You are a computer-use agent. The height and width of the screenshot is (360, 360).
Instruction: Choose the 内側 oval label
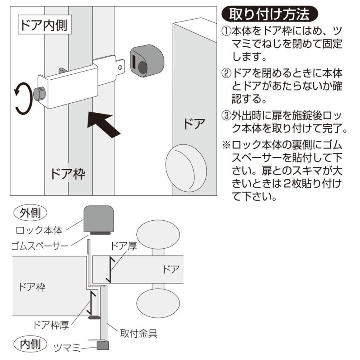(x=30, y=344)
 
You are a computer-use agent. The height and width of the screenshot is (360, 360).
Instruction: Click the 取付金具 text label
(x=139, y=333)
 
